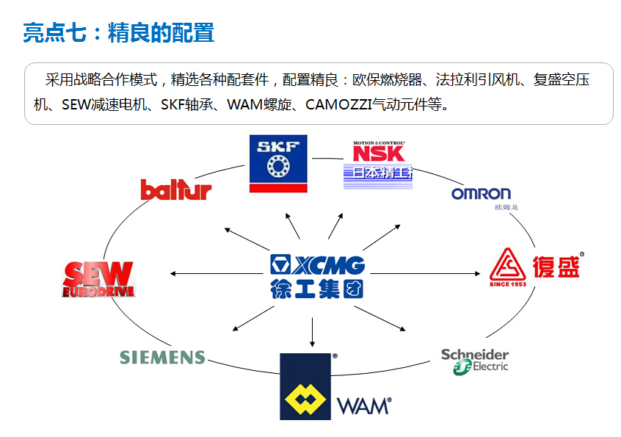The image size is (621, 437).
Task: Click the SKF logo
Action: pyautogui.click(x=277, y=163)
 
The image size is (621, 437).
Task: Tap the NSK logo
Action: pyautogui.click(x=378, y=153)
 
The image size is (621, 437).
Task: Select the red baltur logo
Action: pyautogui.click(x=175, y=189)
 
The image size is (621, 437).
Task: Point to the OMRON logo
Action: pyautogui.click(x=481, y=194)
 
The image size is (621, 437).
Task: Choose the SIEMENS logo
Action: pyautogui.click(x=162, y=358)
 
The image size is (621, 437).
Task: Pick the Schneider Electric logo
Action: pyautogui.click(x=474, y=360)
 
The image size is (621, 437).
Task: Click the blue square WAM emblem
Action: pyautogui.click(x=305, y=386)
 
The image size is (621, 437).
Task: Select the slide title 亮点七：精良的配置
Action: pyautogui.click(x=118, y=33)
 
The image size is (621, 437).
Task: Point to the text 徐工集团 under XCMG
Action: pyautogui.click(x=316, y=288)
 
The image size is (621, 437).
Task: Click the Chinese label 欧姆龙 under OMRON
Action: pyautogui.click(x=506, y=208)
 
